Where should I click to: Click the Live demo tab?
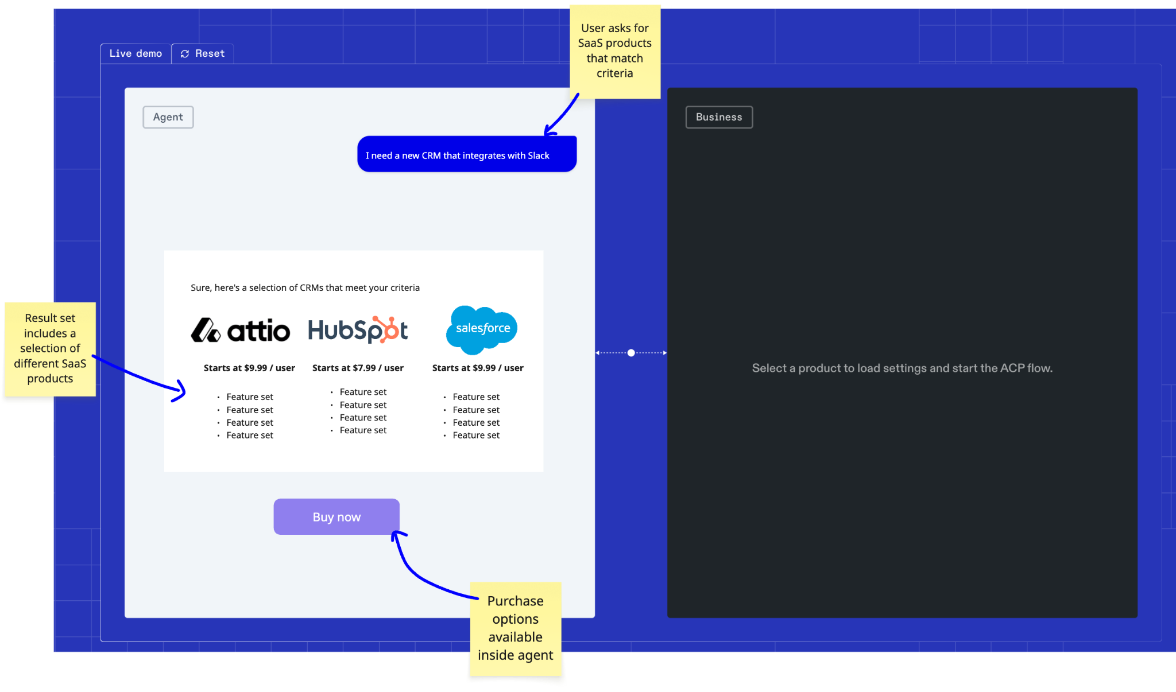tap(136, 53)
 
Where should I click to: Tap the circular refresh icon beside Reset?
tap(185, 54)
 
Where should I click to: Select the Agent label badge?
tap(168, 117)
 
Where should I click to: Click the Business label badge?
tap(718, 117)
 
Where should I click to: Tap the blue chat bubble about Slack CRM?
tap(466, 154)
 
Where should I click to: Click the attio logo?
tap(240, 331)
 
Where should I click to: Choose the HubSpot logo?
tap(358, 330)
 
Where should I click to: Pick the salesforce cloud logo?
tap(482, 329)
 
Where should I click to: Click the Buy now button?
tap(336, 517)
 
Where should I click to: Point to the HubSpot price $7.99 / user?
tap(358, 368)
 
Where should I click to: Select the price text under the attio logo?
tap(249, 368)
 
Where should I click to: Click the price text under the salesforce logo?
tap(478, 368)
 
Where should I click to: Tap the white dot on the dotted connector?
tap(631, 353)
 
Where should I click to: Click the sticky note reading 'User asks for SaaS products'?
tap(614, 51)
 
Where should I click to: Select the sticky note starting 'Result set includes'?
tap(50, 348)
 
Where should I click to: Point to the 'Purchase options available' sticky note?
tap(515, 628)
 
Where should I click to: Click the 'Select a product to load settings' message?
tap(902, 368)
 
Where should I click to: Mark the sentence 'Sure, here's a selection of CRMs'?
tap(305, 288)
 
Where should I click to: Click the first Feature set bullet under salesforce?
tap(475, 397)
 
